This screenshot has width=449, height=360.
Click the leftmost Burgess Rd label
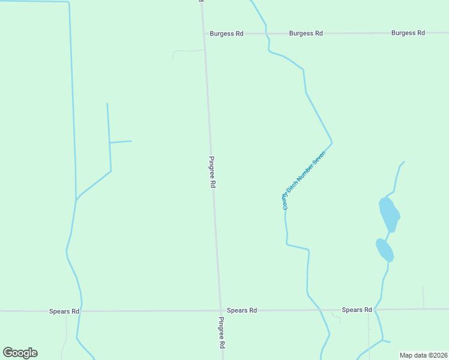[x=226, y=34]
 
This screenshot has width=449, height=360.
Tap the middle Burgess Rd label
[x=306, y=34]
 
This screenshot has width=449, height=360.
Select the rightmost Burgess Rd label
[x=408, y=33]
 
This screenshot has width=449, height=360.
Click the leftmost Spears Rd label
[x=64, y=311]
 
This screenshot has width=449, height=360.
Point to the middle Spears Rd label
[x=242, y=310]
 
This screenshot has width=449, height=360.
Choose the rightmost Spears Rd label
[x=357, y=310]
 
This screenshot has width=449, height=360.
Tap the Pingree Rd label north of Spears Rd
[x=212, y=173]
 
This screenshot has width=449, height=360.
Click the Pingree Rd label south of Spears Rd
[x=221, y=333]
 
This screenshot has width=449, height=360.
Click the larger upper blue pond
[x=389, y=214]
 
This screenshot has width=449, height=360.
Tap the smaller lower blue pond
[x=385, y=250]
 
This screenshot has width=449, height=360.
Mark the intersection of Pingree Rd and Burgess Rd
[x=204, y=34]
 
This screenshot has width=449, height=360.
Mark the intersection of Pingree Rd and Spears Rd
[x=219, y=311]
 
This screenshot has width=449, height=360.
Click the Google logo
[x=20, y=353]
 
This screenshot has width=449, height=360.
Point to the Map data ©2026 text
[x=423, y=355]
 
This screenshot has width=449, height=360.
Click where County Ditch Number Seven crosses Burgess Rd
[x=266, y=33]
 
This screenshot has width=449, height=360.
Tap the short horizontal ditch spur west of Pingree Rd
[x=121, y=142]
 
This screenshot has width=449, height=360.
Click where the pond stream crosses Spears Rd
[x=376, y=310]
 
